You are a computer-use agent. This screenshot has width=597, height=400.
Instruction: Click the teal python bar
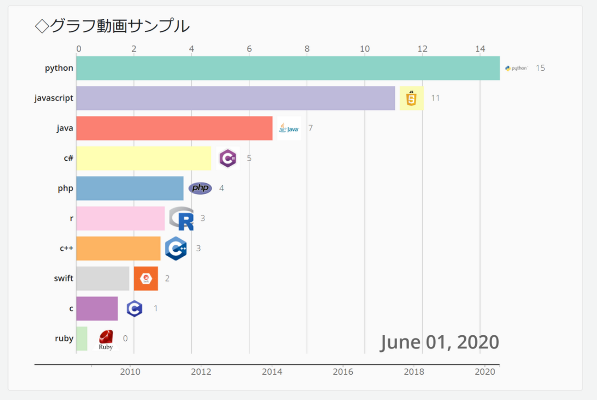tap(288, 68)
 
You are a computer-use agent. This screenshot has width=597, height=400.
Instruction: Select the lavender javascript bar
tap(236, 98)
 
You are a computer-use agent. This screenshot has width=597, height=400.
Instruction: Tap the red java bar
tap(174, 128)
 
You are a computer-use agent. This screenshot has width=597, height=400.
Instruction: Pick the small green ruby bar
tap(82, 338)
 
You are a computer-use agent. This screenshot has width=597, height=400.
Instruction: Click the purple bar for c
tap(97, 309)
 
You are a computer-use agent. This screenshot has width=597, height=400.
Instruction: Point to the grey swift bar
tap(103, 278)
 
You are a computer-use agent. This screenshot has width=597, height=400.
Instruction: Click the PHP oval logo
tap(200, 188)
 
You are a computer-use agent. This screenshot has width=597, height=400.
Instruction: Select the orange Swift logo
tap(146, 278)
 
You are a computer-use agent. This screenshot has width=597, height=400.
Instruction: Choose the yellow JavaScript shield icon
tap(411, 98)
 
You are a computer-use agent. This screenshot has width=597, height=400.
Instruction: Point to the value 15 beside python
tap(540, 68)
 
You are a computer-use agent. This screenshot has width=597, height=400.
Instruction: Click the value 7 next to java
tap(310, 128)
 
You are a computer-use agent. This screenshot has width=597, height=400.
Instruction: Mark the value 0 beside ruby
tap(125, 338)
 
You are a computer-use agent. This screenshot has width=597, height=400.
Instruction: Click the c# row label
tap(68, 158)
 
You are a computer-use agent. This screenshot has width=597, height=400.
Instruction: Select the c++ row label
tap(66, 248)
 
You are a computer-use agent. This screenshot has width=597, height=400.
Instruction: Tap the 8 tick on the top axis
tap(307, 49)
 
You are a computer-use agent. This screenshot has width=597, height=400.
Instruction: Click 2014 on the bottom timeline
tap(272, 371)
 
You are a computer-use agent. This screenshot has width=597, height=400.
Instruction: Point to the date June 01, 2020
tap(439, 342)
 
